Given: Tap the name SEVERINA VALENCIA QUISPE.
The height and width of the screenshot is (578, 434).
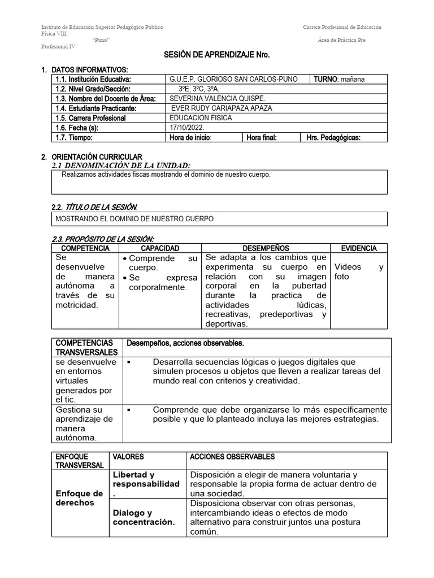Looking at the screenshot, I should click(x=209, y=98).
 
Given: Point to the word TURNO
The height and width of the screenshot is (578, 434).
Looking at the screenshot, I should click(x=325, y=79).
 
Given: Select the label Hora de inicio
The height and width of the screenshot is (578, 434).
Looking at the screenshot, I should click(x=190, y=137).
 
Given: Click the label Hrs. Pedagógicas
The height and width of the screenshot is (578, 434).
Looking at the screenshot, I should click(x=333, y=137).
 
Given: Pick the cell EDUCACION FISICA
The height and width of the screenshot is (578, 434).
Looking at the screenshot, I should click(x=201, y=118).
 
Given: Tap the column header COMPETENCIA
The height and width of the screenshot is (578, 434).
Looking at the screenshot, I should click(x=85, y=248).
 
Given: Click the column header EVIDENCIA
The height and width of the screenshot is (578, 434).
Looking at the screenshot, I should click(x=359, y=248).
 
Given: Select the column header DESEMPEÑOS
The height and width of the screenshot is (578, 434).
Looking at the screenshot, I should click(x=266, y=248).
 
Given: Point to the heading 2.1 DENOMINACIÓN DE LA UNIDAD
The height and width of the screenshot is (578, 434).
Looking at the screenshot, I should click(x=120, y=165).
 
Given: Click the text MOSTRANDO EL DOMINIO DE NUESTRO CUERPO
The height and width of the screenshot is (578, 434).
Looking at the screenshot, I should click(x=134, y=218).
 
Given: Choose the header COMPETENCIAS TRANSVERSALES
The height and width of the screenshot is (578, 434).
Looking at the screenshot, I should click(x=84, y=347).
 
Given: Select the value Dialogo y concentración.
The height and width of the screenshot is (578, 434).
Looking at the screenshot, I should click(x=144, y=517).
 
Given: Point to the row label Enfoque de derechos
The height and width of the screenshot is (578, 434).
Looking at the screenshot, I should click(x=79, y=498).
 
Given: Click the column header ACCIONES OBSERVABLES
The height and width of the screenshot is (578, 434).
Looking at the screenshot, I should click(x=232, y=456).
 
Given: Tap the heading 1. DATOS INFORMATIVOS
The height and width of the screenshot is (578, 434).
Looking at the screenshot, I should click(x=89, y=69).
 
